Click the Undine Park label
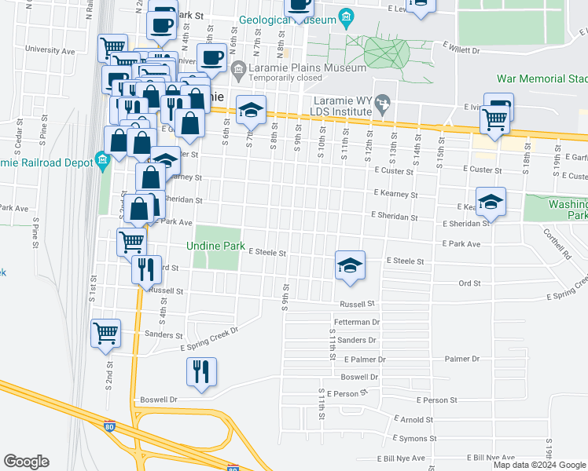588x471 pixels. [216, 246]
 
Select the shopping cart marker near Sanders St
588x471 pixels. [106, 332]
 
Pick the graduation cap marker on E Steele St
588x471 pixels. [350, 264]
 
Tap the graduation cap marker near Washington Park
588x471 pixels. [491, 201]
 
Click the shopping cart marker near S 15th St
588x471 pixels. [495, 119]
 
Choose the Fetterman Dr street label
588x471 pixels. [357, 322]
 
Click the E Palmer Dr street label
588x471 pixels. [365, 360]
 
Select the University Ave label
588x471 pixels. [50, 50]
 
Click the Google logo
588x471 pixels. [26, 462]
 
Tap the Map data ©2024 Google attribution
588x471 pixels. [539, 465]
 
